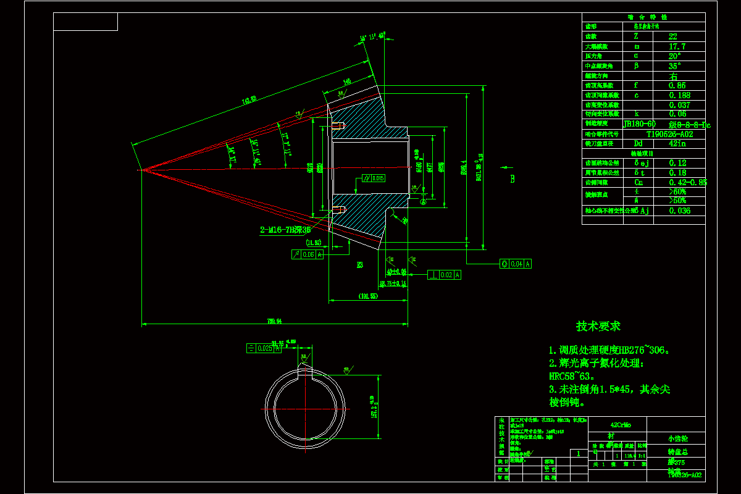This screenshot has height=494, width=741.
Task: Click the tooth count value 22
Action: [x=673, y=36]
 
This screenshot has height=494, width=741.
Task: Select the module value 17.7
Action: [x=677, y=46]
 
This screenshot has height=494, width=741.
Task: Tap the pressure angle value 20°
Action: [x=676, y=56]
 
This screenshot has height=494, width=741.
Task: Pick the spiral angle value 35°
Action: [x=676, y=66]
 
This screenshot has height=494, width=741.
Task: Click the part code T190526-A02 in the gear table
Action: [x=669, y=134]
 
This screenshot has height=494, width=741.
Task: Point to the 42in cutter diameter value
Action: [x=677, y=144]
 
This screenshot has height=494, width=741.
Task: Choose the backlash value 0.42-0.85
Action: [x=688, y=182]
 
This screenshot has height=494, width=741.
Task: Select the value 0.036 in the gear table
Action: [x=679, y=211]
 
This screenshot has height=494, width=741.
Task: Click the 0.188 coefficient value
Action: [x=679, y=95]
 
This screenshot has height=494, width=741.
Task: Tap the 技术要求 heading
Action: [x=598, y=326]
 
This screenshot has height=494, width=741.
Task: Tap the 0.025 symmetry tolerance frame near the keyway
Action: [x=264, y=348]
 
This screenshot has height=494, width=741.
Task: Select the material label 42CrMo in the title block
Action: [x=620, y=425]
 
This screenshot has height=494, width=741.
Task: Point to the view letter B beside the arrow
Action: [x=512, y=179]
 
